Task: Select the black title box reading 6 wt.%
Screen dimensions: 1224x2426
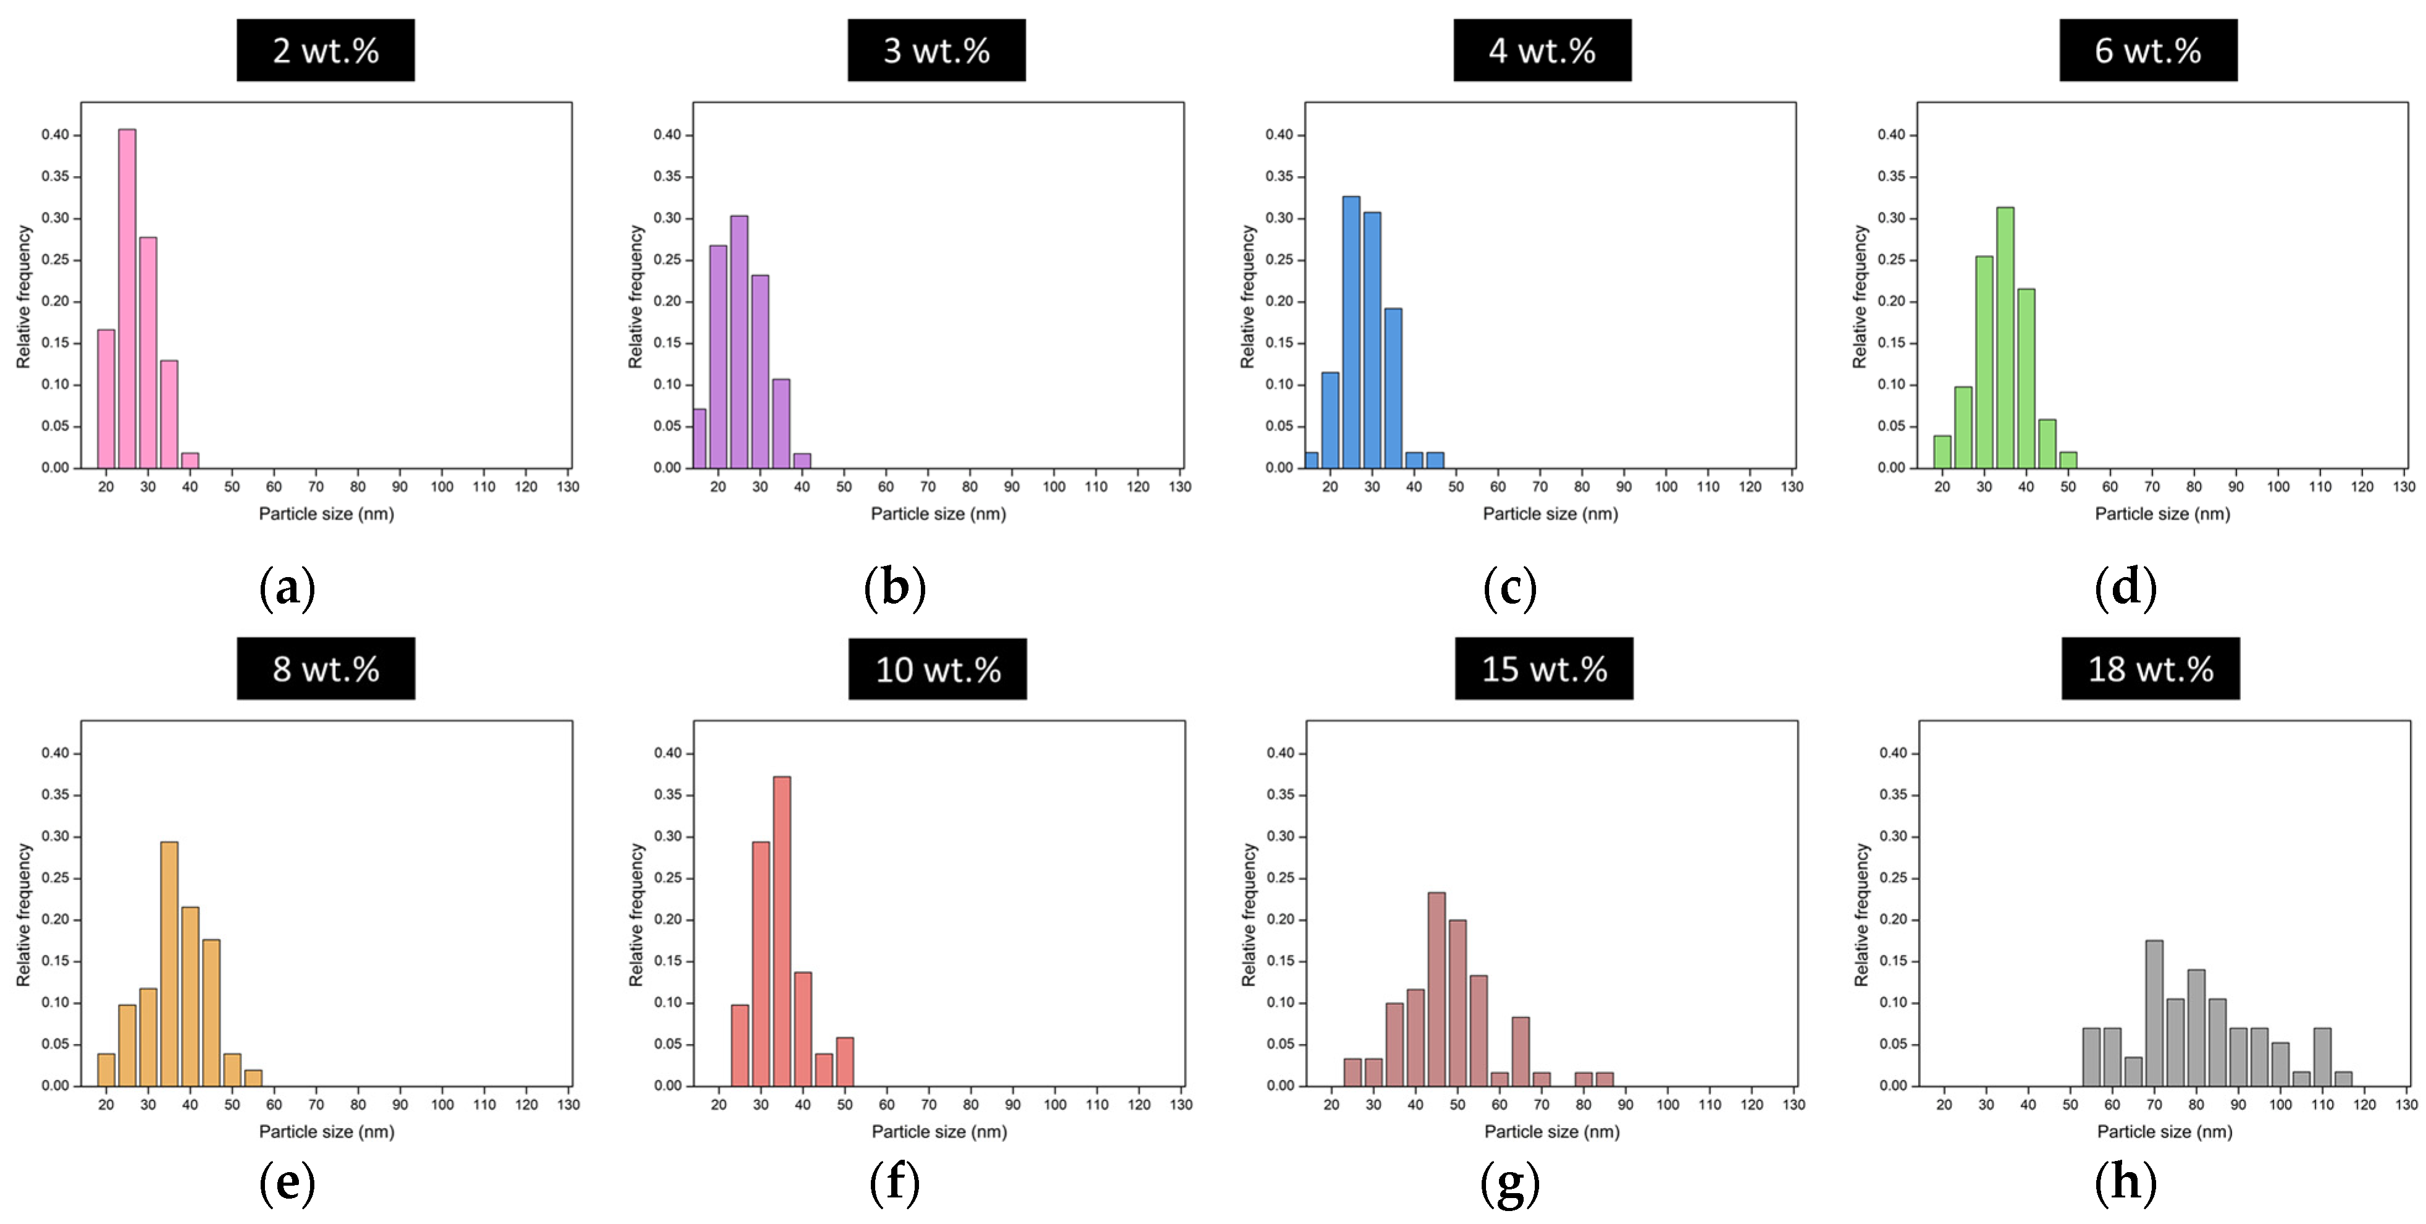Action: click(2147, 50)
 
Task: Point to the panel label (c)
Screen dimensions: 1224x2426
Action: click(1509, 588)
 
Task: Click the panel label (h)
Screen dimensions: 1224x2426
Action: click(2126, 1181)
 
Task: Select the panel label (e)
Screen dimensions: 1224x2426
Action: click(287, 1181)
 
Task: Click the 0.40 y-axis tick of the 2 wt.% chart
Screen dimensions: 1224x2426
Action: click(54, 135)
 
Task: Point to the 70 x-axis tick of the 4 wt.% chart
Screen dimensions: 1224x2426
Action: click(1540, 486)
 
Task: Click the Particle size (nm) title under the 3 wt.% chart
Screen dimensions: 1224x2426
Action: click(938, 513)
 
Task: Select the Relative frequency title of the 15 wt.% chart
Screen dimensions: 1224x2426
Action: click(1249, 914)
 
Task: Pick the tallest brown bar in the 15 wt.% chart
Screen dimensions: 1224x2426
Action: click(1436, 989)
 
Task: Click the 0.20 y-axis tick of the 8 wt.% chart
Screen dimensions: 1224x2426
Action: click(54, 919)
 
